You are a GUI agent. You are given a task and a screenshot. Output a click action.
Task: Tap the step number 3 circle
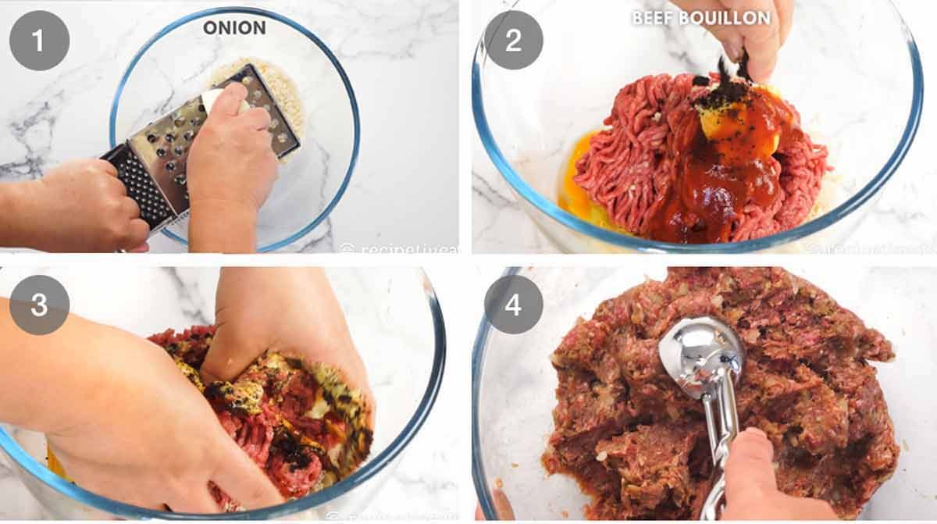(39, 305)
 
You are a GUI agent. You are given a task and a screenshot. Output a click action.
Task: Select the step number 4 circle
(513, 305)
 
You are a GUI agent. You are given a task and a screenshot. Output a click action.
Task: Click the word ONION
(234, 28)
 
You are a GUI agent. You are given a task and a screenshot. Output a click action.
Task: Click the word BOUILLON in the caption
(726, 18)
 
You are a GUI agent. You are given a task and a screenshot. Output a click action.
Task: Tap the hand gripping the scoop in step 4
(769, 476)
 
